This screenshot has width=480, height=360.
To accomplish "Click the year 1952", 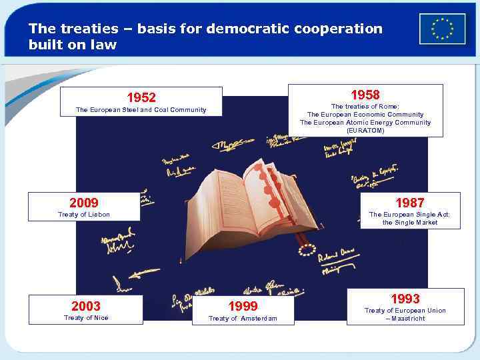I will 141,98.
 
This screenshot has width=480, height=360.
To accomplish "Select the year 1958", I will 365,95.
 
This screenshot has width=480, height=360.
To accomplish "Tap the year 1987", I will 409,203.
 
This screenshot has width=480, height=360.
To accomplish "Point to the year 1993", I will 405,299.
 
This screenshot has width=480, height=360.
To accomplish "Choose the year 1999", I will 243,307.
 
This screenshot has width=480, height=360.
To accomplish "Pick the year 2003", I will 86,306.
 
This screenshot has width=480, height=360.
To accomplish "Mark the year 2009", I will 84,203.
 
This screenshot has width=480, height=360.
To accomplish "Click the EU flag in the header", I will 442,29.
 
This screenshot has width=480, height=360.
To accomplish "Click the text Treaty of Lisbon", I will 84,215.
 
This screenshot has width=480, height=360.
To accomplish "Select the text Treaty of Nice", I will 86,318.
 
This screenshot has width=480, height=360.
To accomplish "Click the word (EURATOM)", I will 365,131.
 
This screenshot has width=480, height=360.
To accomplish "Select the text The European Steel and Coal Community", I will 141,110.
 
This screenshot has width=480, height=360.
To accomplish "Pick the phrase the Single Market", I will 410,223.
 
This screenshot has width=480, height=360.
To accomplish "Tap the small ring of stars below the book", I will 306,250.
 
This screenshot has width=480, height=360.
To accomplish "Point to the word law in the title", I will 105,45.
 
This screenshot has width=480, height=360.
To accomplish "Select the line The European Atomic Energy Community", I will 365,123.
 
